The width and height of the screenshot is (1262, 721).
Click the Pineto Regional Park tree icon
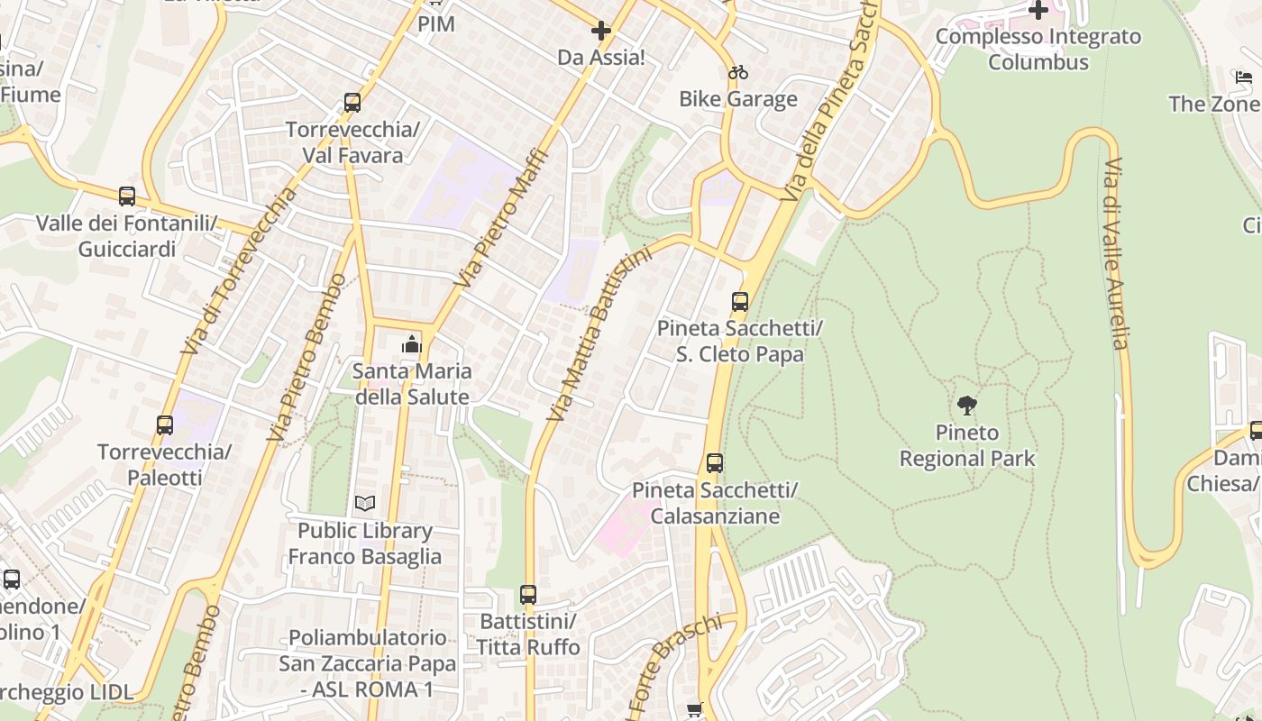pos(967,406)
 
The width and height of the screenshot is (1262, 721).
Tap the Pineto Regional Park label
pos(967,446)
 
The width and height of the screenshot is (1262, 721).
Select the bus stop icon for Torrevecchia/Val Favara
pos(352,103)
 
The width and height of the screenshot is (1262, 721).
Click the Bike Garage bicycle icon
pos(738,72)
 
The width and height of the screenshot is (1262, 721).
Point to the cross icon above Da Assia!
pos(601,31)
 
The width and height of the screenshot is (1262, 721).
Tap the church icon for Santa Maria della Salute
pos(412,344)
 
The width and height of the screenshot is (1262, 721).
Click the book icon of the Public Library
pos(365,503)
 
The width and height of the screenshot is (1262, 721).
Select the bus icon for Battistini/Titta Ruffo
pos(528,595)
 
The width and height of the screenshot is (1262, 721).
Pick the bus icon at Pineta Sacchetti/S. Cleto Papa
pos(740,302)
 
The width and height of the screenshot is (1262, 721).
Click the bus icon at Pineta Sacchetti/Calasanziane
pos(715,463)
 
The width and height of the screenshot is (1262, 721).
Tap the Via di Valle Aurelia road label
pos(1116,254)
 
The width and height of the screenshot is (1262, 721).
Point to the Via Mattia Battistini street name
pos(599,333)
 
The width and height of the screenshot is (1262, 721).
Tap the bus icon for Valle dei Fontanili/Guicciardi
pos(127,196)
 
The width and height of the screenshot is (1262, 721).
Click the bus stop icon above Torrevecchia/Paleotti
pos(165,425)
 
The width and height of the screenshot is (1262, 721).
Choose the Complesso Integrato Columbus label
pos(1038,50)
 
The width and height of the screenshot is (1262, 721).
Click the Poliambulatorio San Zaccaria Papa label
pos(367,663)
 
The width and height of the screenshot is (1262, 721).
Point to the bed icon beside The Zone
pos(1244,78)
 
